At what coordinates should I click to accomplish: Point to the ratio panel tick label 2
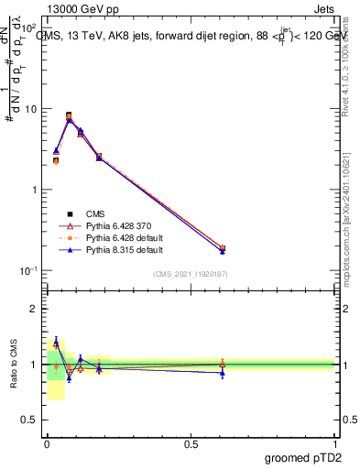pos(34,309)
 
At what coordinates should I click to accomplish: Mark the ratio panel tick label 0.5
pos(30,420)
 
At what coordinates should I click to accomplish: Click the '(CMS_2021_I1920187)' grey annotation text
pos(191,274)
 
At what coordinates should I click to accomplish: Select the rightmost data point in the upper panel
pos(223,248)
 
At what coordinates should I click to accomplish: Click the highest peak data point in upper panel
pos(69,115)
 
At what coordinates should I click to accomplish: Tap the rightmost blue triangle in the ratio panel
pos(223,373)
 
